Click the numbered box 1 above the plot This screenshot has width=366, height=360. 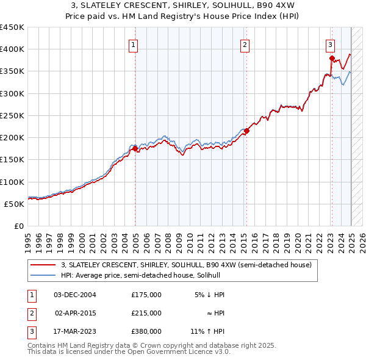(x=133, y=43)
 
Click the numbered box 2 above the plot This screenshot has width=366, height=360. (x=245, y=43)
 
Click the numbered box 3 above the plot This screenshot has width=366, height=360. (x=330, y=43)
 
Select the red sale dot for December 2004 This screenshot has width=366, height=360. (x=135, y=148)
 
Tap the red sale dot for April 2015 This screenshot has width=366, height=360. (x=246, y=131)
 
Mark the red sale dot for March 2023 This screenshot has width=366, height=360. (x=332, y=59)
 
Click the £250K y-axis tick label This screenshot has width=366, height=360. (x=12, y=115)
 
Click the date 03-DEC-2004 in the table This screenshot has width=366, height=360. (x=74, y=295)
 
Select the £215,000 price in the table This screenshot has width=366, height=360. (x=146, y=313)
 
